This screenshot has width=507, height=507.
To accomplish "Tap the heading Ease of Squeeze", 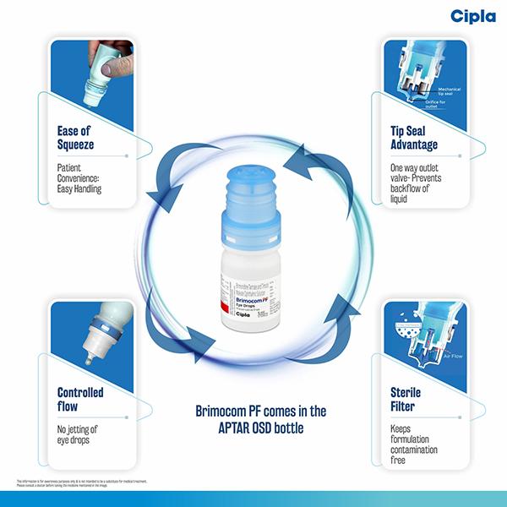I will [75, 138].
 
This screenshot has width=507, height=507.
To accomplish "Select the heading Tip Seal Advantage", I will [412, 138].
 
